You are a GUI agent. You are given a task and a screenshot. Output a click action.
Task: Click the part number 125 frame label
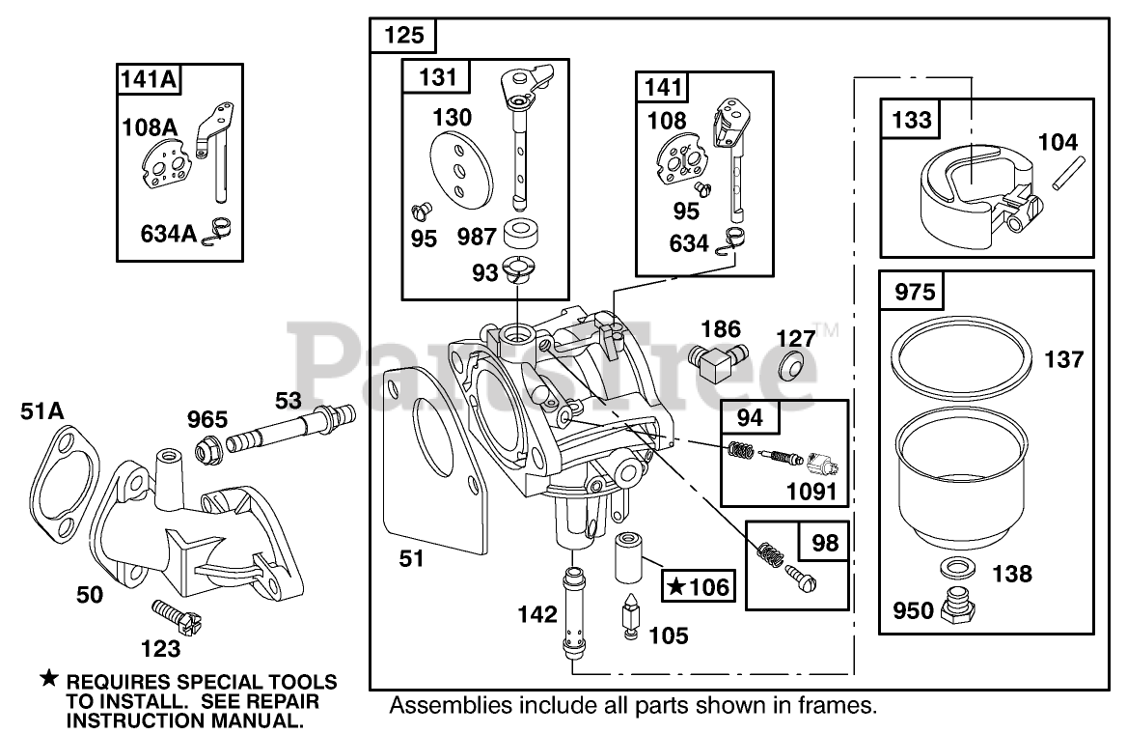tap(403, 36)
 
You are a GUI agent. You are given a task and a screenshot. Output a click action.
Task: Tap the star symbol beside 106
tap(676, 585)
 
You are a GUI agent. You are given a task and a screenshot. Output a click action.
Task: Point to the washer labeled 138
tap(955, 567)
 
